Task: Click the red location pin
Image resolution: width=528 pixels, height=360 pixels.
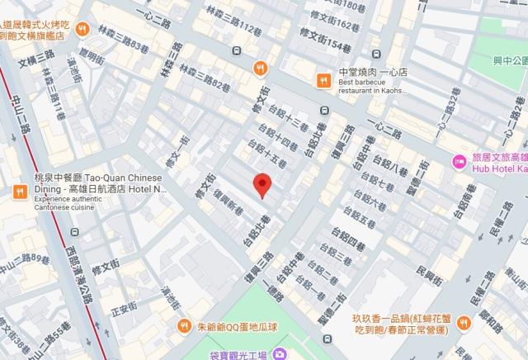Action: pyautogui.click(x=262, y=185)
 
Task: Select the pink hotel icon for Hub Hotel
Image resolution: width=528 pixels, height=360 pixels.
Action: pyautogui.click(x=459, y=160)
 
